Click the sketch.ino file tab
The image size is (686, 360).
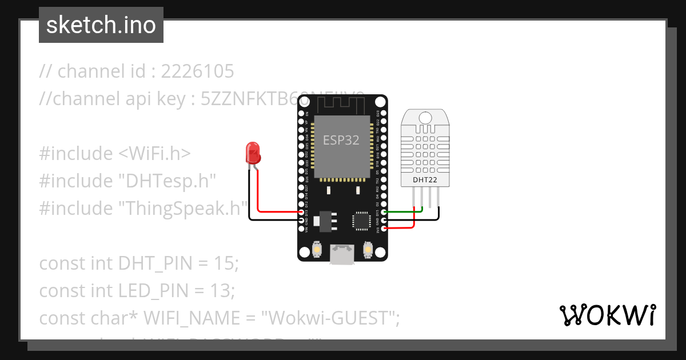[101, 25]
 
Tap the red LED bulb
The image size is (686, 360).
[252, 152]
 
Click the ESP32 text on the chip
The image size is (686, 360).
[341, 140]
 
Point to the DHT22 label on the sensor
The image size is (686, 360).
[425, 180]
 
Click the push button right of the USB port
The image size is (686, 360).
[368, 250]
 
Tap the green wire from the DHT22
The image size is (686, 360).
[404, 212]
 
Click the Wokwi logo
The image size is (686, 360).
[607, 315]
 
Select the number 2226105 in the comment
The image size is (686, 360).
[198, 71]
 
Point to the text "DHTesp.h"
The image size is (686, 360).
[167, 181]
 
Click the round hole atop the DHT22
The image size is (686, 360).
[425, 117]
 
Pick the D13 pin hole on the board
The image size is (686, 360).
[302, 211]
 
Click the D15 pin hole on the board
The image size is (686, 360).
[384, 212]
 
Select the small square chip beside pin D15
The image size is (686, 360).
[361, 220]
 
